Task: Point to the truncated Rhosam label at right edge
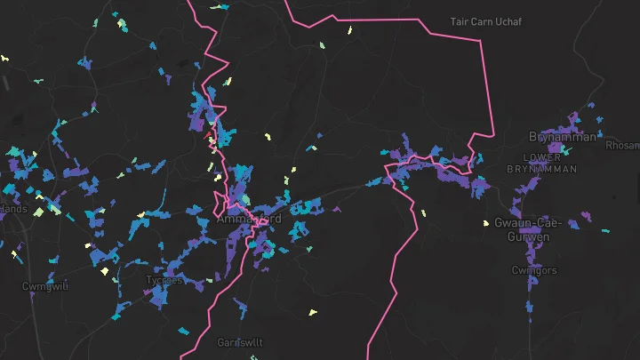coord(622,145)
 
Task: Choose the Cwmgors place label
coord(534,270)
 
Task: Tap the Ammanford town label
coord(250,219)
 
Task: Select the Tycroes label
coord(164,280)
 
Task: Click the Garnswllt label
coord(241,341)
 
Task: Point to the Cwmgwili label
coord(45,286)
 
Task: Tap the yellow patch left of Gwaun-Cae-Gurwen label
coord(485,223)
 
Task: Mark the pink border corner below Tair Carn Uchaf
coord(492,135)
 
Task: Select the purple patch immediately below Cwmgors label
coord(532,284)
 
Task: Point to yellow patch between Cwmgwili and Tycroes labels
coord(105,271)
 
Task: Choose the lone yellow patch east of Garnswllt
coord(311,312)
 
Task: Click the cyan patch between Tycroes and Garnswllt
coord(185,331)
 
